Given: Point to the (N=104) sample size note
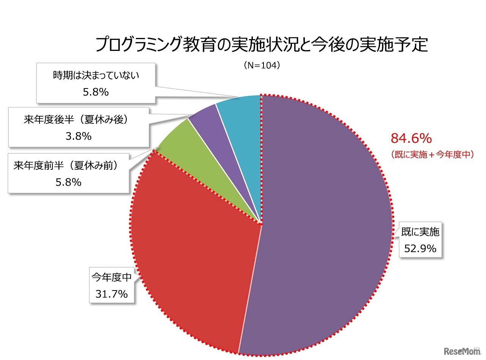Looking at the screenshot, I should pyautogui.click(x=262, y=65).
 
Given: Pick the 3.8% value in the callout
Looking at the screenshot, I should pyautogui.click(x=79, y=136).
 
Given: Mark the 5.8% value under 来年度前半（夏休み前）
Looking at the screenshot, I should pyautogui.click(x=68, y=182).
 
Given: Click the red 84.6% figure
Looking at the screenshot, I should pyautogui.click(x=411, y=139).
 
